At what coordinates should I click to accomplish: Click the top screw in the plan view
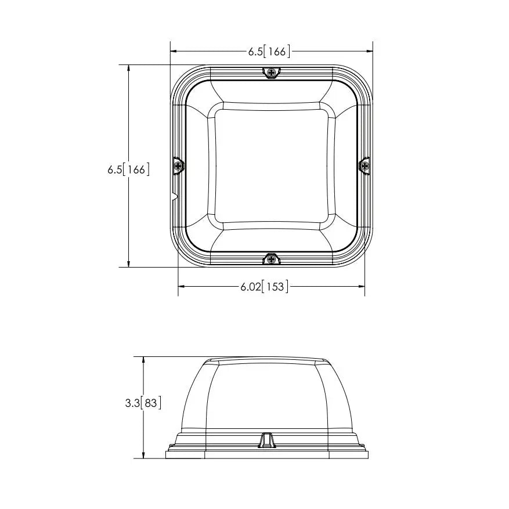point(272,72)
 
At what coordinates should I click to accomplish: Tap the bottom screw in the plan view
point(272,259)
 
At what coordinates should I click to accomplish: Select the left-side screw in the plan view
point(178,166)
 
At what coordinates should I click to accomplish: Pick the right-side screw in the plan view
point(365,166)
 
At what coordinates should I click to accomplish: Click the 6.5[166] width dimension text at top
point(269,51)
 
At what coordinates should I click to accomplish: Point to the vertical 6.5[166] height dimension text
point(129,169)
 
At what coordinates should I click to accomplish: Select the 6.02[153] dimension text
point(264,287)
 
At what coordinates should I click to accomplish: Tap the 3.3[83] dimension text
point(143,403)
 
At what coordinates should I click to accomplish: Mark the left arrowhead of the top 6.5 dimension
point(174,51)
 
